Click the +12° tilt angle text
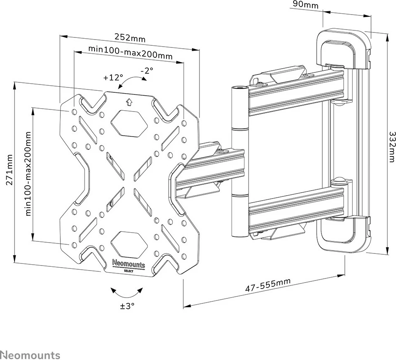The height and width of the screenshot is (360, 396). click(113, 78)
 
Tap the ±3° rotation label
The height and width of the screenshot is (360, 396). click(127, 306)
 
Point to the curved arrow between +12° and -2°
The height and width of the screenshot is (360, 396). click(130, 82)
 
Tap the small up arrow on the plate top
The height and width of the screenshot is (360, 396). click(129, 101)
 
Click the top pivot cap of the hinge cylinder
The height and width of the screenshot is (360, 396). click(238, 88)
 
